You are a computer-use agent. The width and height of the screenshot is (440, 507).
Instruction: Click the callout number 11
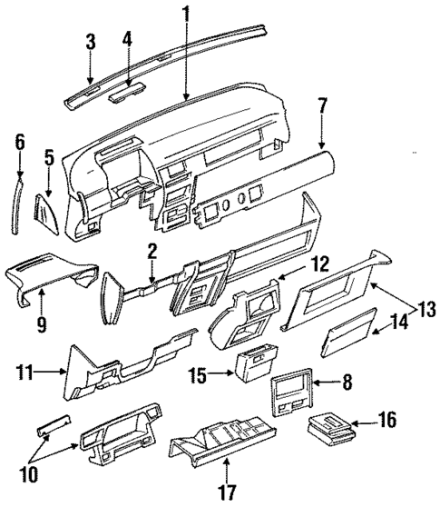[27, 371]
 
